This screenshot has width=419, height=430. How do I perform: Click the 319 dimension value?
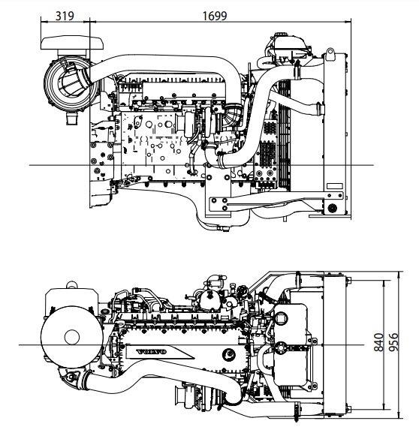tap(65, 16)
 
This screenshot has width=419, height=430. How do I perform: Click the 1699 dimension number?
tap(215, 16)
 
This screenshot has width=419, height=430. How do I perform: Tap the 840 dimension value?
tap(379, 342)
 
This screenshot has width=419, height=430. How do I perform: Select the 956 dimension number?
tap(394, 342)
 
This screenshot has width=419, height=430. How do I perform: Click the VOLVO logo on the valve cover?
tap(152, 351)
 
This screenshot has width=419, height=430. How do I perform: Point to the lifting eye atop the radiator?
tap(330, 54)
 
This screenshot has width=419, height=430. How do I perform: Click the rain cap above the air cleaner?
tap(72, 43)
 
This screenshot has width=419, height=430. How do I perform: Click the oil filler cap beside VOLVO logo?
tap(229, 355)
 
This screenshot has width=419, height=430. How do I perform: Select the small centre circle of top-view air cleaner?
tap(72, 337)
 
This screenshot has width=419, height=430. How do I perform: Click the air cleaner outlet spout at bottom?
tap(72, 119)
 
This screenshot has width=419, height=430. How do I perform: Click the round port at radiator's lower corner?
tap(333, 208)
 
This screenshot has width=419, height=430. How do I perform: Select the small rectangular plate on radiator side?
tap(334, 186)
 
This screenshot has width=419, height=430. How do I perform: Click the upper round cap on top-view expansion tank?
tap(281, 318)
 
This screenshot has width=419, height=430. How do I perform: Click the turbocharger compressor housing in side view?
tap(189, 125)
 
